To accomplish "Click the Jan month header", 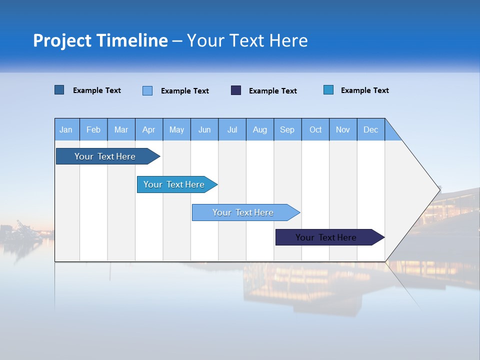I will (66, 129).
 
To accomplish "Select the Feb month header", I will (93, 129).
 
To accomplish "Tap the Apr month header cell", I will (149, 129).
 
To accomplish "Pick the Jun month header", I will (204, 129).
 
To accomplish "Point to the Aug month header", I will (260, 129).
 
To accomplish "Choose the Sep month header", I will (287, 129).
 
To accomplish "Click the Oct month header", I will (315, 129).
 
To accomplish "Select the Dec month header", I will (371, 129).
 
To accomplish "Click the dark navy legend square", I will (236, 90).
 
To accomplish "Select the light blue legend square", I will (147, 90).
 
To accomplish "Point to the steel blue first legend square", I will (59, 90).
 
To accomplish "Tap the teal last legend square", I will (328, 90).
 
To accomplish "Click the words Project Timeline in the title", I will (100, 40).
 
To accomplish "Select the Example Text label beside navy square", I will (272, 91).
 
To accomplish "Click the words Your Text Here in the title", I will (247, 40).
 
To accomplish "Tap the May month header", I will (176, 129).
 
